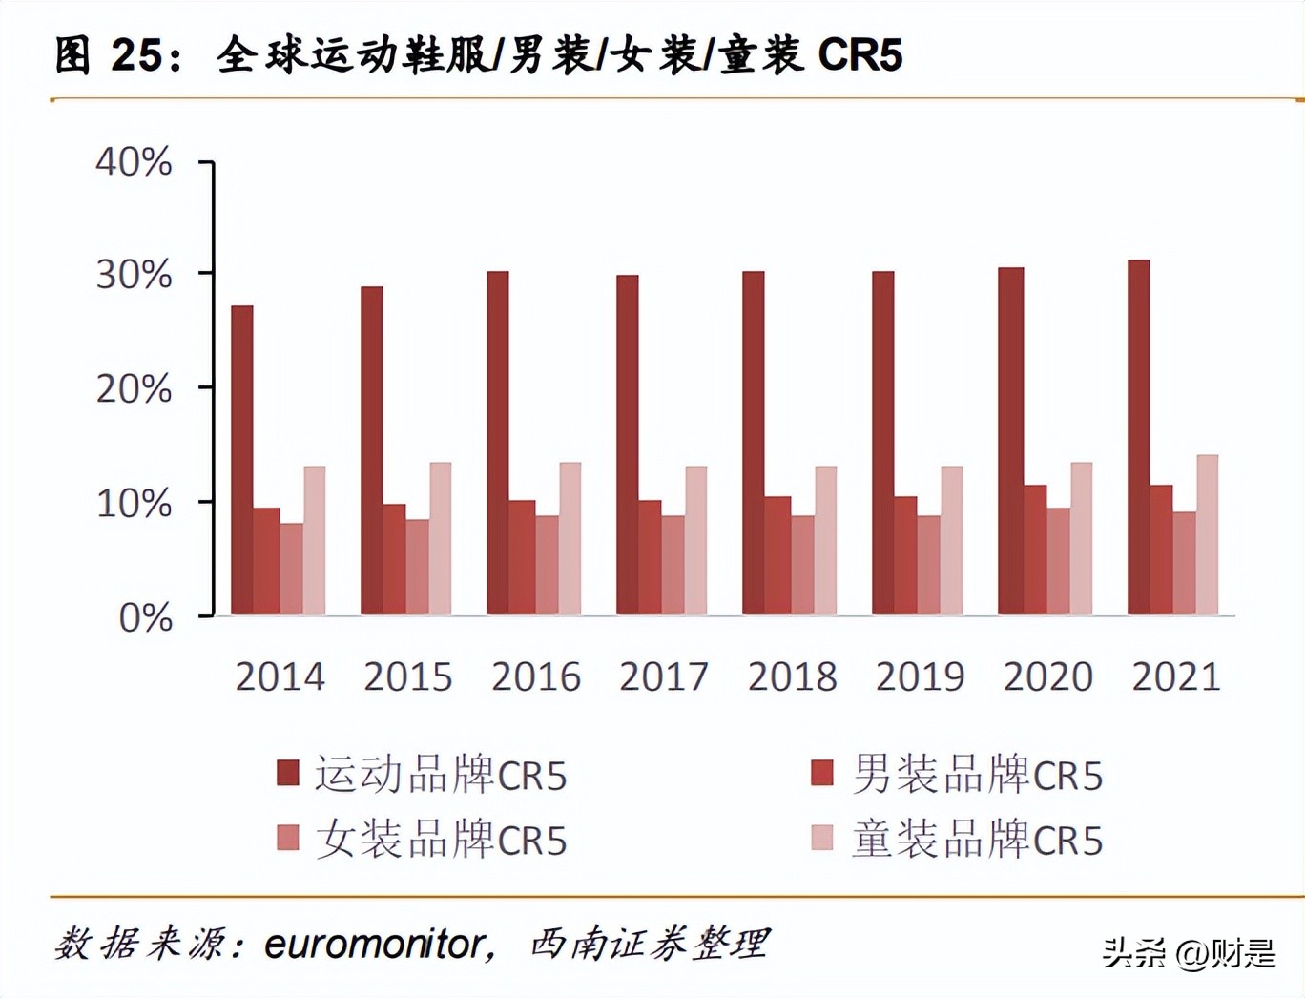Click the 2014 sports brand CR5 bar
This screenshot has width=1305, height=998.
coord(242,460)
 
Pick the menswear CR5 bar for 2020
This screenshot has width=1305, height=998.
coord(1035,550)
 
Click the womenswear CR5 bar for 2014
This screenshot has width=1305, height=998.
coord(292,569)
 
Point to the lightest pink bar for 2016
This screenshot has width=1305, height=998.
coord(570,538)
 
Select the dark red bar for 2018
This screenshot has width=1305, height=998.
coord(754,443)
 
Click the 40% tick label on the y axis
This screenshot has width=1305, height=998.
coord(134,162)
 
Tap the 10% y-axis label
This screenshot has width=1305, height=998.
coord(134,504)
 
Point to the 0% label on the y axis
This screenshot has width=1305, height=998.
coord(145,618)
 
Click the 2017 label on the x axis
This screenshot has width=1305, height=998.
coord(664,677)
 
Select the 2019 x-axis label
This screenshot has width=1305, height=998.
coord(920,677)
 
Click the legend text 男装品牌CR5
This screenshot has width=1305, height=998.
coord(977,775)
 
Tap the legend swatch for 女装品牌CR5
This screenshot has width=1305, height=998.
coord(287,838)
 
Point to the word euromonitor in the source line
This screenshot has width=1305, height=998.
coord(374,945)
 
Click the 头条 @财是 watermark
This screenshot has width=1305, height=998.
coord(1189,952)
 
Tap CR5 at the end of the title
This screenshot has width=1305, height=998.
coord(860,54)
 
